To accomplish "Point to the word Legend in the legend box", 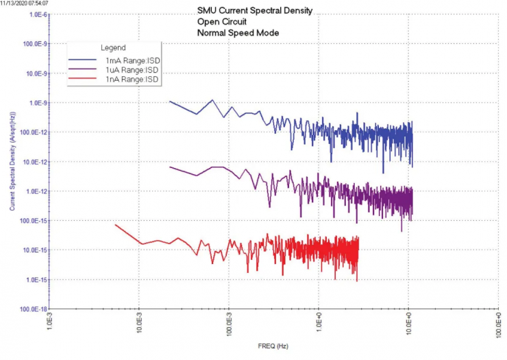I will point(113,49).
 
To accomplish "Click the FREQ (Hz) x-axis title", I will point(273,346).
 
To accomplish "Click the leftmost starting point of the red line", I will point(114,224).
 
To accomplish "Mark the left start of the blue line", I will point(169,101).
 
